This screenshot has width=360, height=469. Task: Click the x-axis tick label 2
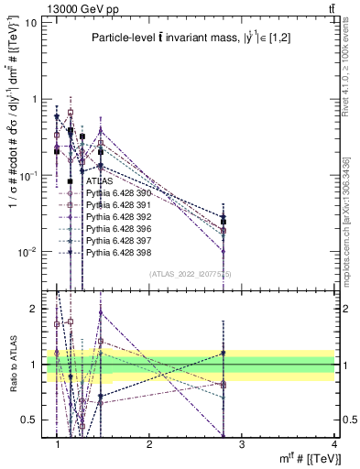point(149,444)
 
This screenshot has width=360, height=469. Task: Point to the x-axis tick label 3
point(242,444)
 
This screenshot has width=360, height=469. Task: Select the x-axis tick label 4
point(333,444)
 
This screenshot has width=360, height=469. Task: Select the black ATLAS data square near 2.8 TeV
point(223,221)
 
